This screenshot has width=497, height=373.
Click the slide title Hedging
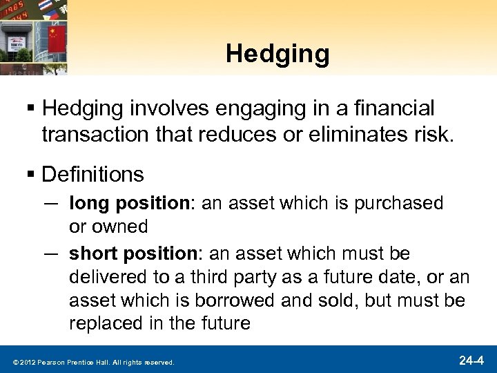click(277, 55)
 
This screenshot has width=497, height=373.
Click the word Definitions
click(92, 174)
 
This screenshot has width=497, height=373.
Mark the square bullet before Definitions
click(30, 174)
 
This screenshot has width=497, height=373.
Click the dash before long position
click(52, 203)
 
